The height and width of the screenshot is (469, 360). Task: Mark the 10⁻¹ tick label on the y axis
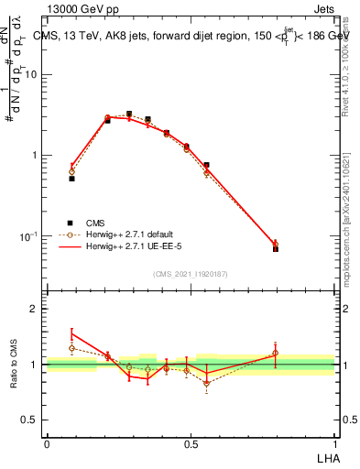31,236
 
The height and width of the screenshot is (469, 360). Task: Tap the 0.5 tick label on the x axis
191,442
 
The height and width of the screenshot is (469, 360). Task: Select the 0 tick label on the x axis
47,442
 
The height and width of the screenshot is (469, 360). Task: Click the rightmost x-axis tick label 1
334,442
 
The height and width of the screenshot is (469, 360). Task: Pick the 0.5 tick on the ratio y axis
33,420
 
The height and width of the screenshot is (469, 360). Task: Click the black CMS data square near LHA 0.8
276,248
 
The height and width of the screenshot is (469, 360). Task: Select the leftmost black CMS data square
71,179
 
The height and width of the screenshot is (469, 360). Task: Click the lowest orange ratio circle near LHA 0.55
207,383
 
